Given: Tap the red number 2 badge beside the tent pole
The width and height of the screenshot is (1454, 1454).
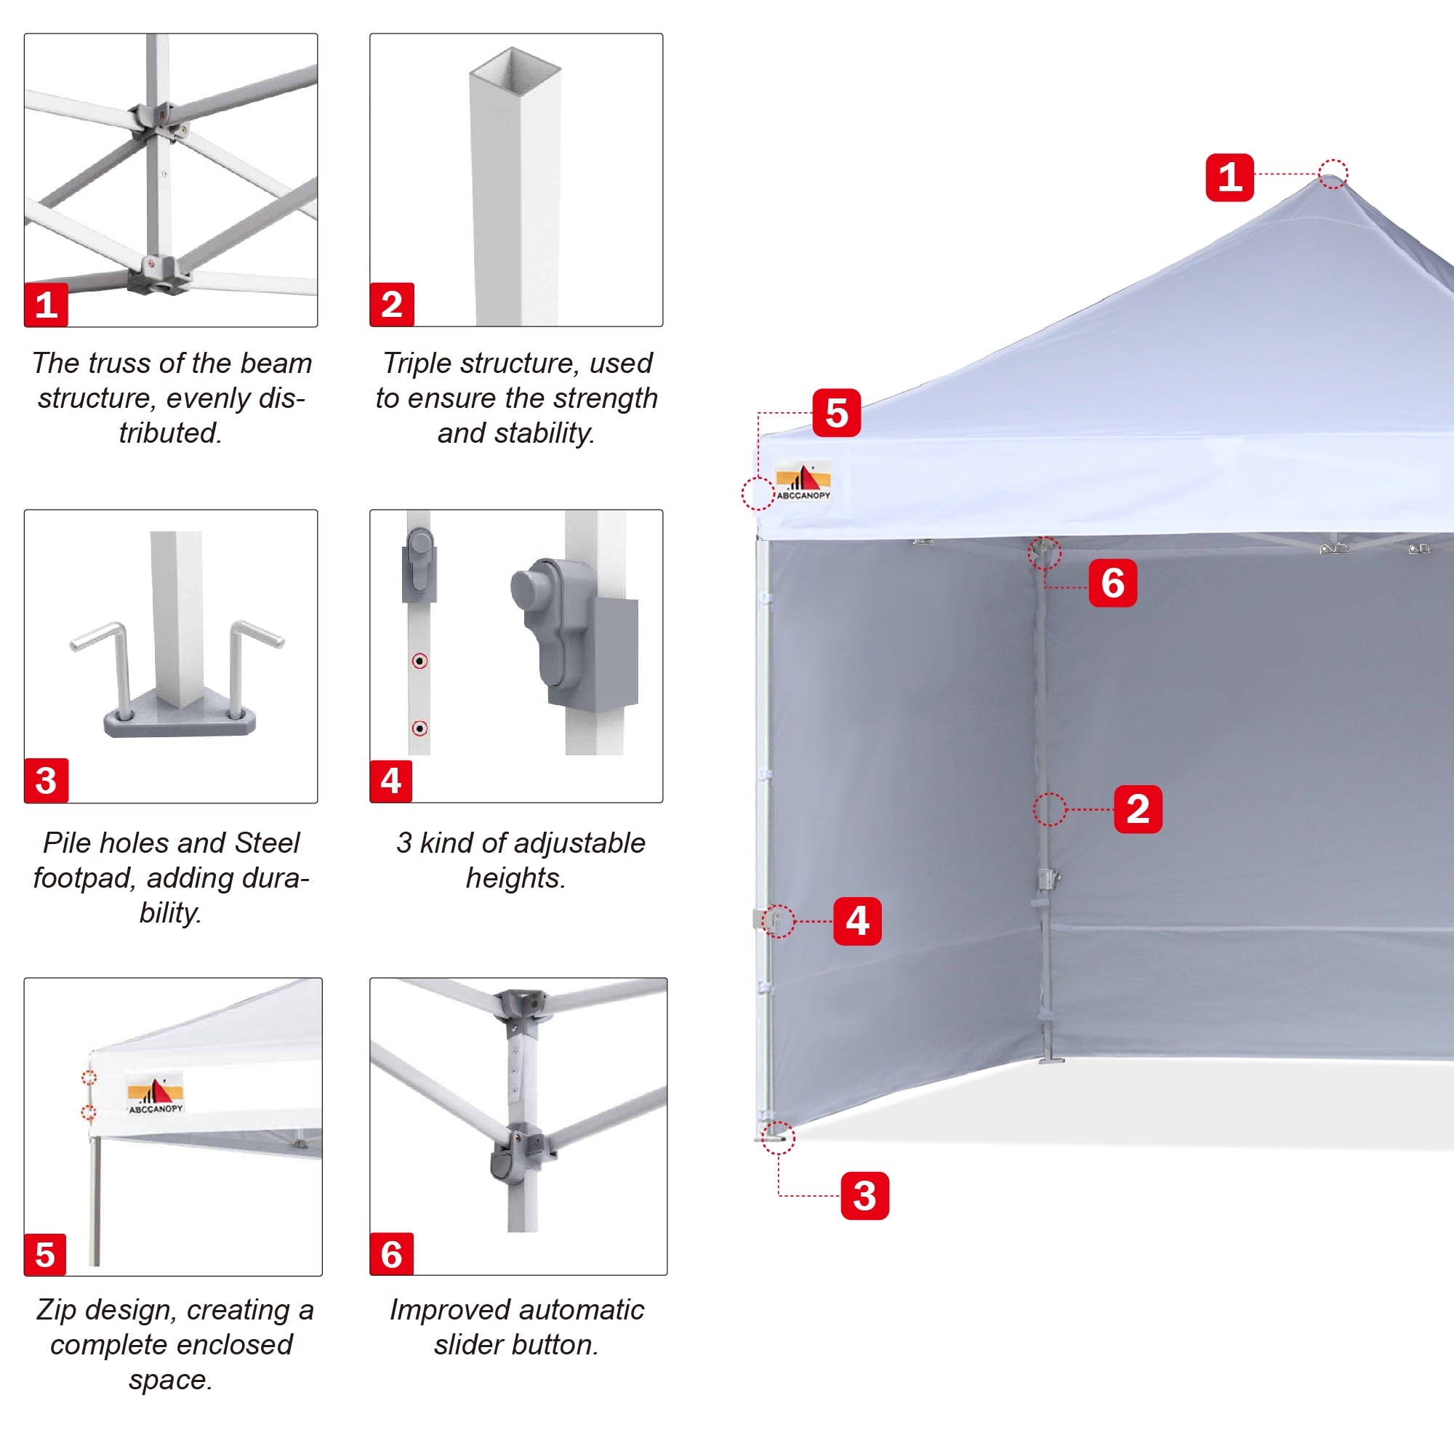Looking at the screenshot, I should click(1137, 809).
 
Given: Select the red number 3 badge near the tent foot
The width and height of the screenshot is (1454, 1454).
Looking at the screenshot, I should click(864, 1195).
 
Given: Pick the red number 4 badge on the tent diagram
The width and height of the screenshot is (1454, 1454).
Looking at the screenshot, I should click(857, 920).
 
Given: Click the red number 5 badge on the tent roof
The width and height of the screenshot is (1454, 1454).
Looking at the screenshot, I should click(836, 412).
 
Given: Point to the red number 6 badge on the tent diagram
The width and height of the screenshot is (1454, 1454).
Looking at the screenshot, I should click(1112, 582).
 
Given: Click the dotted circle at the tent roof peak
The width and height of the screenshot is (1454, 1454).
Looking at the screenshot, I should click(1333, 174).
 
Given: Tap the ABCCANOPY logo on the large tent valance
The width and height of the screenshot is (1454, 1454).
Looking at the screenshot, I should click(803, 483).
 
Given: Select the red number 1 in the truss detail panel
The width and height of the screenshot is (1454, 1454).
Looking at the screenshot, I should click(46, 305).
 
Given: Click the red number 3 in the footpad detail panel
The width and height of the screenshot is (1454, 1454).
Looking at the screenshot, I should click(46, 780).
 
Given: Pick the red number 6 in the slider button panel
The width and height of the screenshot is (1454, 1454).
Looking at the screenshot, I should click(391, 1255).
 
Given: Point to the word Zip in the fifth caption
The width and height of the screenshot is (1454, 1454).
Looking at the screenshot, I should click(57, 1310).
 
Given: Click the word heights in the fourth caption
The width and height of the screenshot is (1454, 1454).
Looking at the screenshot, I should click(515, 877).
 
